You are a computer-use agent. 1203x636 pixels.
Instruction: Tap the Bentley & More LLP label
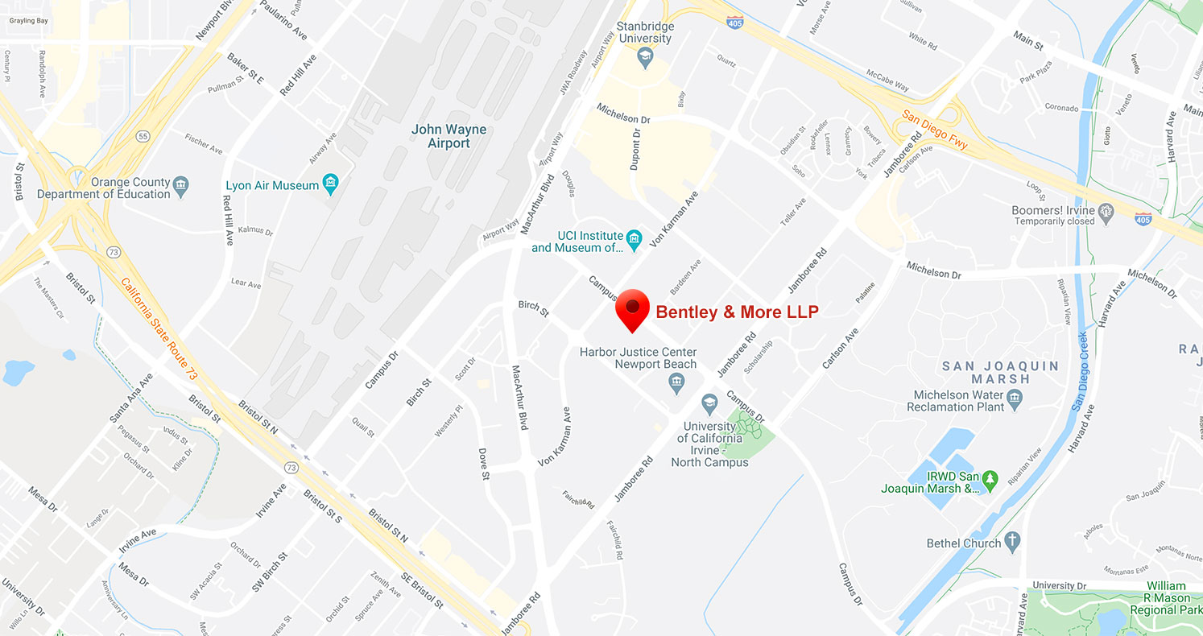pyautogui.click(x=737, y=312)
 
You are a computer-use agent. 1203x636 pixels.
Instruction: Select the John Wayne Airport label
pyautogui.click(x=449, y=136)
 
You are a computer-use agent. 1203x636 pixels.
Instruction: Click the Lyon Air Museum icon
pyautogui.click(x=330, y=185)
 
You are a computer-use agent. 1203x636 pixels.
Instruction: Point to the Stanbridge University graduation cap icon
pyautogui.click(x=644, y=56)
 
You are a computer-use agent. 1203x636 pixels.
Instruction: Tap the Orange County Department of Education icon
pyautogui.click(x=181, y=188)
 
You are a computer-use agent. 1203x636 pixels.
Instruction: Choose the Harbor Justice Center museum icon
pyautogui.click(x=676, y=387)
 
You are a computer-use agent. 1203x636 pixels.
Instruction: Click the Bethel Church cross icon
pyautogui.click(x=1012, y=541)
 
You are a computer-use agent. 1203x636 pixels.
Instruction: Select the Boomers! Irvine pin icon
pyautogui.click(x=1106, y=213)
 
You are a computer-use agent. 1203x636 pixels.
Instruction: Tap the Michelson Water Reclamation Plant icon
pyautogui.click(x=1014, y=396)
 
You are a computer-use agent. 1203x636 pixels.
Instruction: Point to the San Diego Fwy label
pyautogui.click(x=934, y=130)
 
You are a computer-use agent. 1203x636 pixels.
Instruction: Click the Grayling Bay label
pyautogui.click(x=28, y=20)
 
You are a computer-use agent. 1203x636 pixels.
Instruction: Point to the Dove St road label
pyautogui.click(x=484, y=465)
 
